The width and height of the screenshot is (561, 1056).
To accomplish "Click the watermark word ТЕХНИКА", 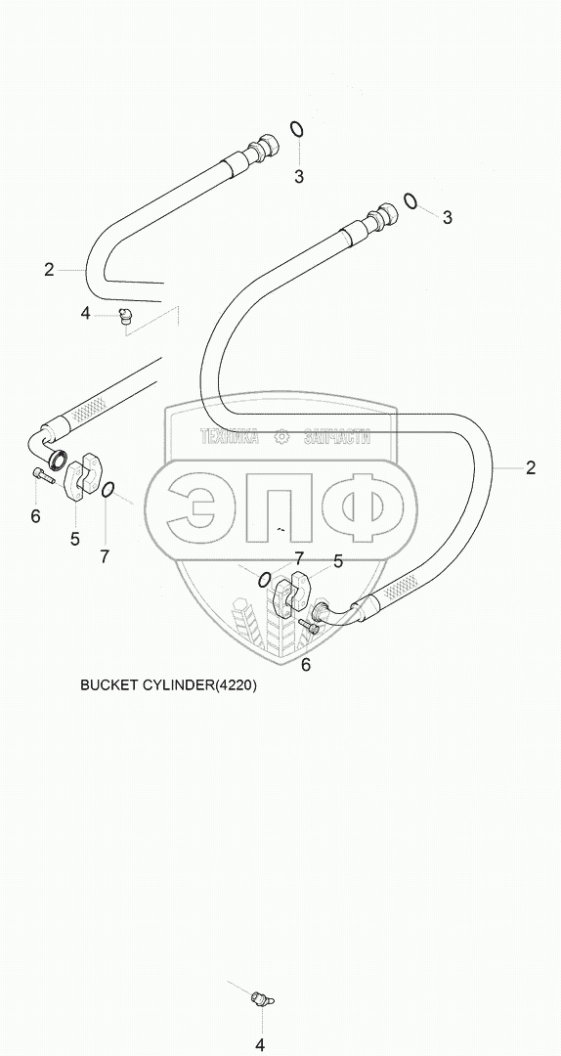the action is pyautogui.click(x=230, y=437).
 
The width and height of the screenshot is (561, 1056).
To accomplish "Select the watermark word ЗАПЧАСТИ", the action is pyautogui.click(x=337, y=437).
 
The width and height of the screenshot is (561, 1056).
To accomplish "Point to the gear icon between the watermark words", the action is pyautogui.click(x=281, y=437).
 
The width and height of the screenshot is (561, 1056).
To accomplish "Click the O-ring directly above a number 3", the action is pyautogui.click(x=296, y=129).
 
